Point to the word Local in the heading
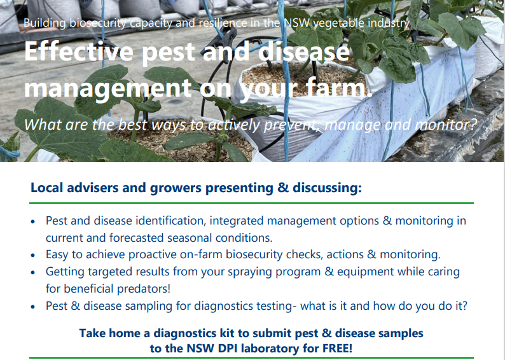46,188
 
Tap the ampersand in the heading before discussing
283,188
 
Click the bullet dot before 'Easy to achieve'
33,255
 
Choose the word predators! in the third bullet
143,289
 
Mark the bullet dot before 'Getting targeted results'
33,272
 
